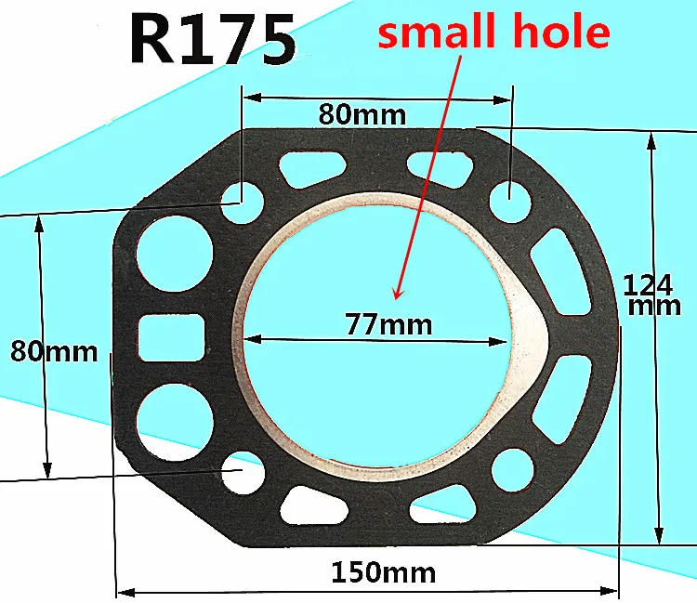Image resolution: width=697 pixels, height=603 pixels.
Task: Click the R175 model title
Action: coord(213,39)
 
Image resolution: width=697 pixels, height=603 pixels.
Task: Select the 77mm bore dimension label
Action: coord(389,324)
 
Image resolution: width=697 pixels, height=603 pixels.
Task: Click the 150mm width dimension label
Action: coord(384,572)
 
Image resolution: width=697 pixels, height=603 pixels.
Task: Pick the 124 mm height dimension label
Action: coord(651,295)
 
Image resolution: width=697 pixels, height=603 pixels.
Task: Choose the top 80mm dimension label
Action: coord(362,115)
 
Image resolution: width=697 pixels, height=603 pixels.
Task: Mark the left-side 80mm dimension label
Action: coord(54,351)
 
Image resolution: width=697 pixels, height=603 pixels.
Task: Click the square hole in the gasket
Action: coord(171,337)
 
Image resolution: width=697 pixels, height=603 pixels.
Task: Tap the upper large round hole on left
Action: coord(175,254)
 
